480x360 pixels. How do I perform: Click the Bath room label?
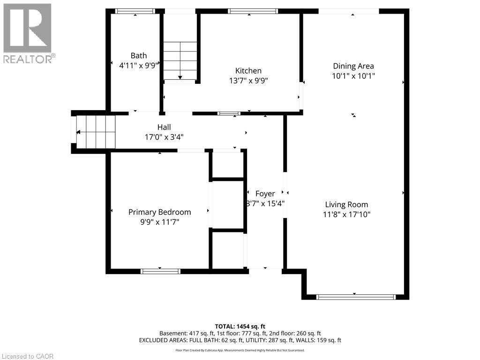(x=139, y=56)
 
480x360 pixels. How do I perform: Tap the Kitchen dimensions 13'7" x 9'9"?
(x=248, y=81)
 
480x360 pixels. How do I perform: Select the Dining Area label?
(x=353, y=66)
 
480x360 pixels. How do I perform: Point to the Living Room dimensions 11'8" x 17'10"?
(x=346, y=215)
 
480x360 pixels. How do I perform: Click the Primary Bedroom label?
(x=159, y=212)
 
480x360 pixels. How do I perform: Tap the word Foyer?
(x=265, y=194)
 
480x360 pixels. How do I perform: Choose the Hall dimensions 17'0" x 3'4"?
(x=164, y=137)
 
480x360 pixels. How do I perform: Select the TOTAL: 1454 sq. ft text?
(x=240, y=326)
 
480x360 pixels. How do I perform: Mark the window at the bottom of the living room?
(x=356, y=297)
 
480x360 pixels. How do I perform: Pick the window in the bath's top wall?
(x=135, y=11)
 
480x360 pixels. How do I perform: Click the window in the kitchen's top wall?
(x=253, y=11)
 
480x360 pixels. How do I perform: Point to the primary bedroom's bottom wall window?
(x=160, y=271)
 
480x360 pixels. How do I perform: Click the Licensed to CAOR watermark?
(x=28, y=356)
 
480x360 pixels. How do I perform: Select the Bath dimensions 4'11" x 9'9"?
(x=139, y=66)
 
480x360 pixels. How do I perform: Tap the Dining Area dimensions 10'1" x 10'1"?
(x=353, y=76)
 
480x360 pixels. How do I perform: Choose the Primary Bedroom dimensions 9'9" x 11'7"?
(x=159, y=222)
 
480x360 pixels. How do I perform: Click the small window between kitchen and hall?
(x=229, y=113)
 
